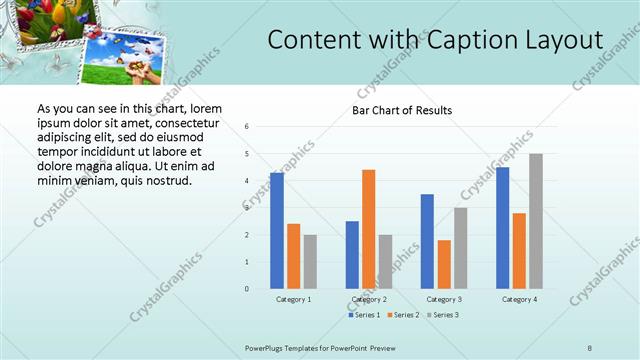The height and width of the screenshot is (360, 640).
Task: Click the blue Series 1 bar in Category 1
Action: [x=277, y=231]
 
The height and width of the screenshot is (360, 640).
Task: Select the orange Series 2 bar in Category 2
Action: [x=368, y=229]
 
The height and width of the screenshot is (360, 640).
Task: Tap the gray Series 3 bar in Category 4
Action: [x=536, y=221]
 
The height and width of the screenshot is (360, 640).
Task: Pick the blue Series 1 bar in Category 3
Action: [x=427, y=241]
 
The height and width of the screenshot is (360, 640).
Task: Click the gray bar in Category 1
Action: [x=310, y=262]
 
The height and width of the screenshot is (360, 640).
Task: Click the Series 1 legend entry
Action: [x=364, y=315]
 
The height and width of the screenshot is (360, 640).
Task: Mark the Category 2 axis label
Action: [x=368, y=299]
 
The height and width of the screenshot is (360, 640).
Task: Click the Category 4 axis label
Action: [x=519, y=299]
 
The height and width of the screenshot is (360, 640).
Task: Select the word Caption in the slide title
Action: [x=469, y=40]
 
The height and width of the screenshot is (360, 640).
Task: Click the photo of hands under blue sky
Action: [x=125, y=61]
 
